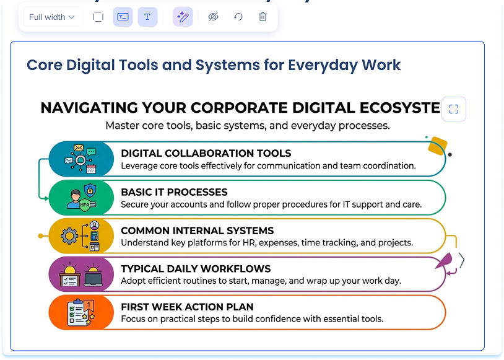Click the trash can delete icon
pos(263,17)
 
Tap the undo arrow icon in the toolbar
pos(238,17)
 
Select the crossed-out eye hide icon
pos(213,17)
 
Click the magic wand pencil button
pos(183,17)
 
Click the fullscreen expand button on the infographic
pos(453,109)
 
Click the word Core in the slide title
pos(45,65)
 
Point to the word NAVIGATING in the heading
pos(89,108)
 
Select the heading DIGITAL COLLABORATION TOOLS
pos(206,153)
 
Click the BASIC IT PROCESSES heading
pos(174,192)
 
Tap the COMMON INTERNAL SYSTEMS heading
pos(198,230)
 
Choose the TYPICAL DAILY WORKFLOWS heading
pos(196,269)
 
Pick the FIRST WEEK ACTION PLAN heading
pos(187,307)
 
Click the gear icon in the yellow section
pos(69,236)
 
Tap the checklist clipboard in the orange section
pos(76,312)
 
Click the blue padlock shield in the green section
pos(90,190)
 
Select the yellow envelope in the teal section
pos(79,147)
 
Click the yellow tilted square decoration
pos(438,146)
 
